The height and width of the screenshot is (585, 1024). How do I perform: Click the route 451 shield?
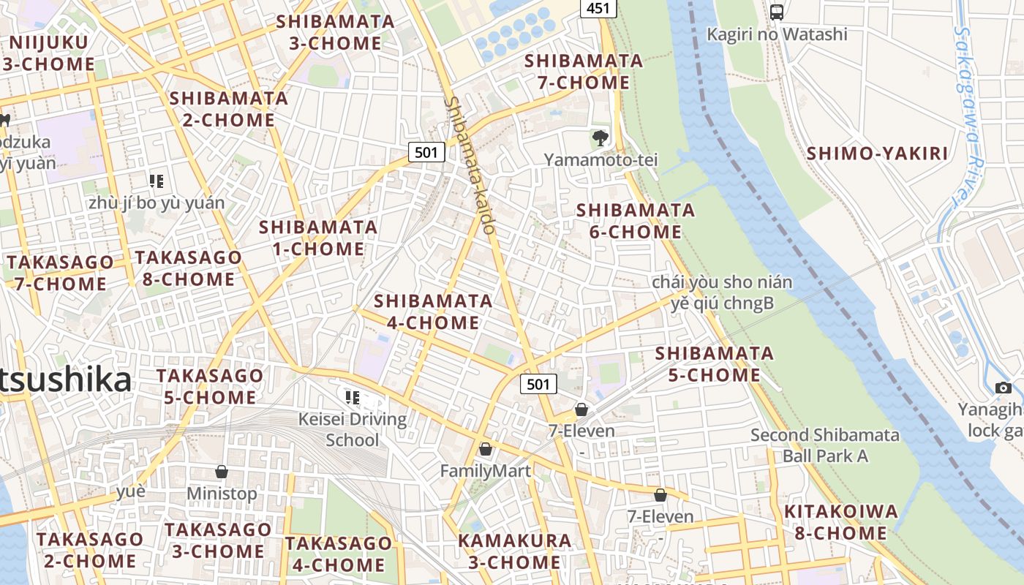click(598, 9)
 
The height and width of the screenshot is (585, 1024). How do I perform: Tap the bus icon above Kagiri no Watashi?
click(777, 12)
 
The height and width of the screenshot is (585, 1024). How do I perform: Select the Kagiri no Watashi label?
click(777, 34)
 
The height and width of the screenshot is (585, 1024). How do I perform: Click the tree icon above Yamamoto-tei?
click(600, 137)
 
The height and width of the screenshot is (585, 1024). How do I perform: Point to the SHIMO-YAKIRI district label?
click(877, 154)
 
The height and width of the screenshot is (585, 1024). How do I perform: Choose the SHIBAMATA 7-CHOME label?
click(584, 72)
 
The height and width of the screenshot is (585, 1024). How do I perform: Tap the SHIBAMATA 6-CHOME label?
click(636, 221)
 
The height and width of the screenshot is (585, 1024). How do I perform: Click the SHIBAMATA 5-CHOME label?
click(714, 364)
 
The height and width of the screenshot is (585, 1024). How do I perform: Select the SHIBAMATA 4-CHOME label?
click(433, 312)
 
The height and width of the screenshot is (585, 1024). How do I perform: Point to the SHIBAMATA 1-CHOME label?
click(318, 238)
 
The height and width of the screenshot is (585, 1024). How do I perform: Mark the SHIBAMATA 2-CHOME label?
click(229, 108)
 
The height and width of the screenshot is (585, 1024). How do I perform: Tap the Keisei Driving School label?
click(353, 429)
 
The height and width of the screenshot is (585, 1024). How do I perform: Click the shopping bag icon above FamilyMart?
click(485, 449)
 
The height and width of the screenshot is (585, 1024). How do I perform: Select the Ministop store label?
click(222, 494)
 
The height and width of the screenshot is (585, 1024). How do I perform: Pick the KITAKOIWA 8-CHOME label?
click(840, 522)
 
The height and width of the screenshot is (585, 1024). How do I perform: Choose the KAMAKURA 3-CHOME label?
click(514, 551)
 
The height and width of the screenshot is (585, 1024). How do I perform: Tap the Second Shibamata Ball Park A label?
click(825, 445)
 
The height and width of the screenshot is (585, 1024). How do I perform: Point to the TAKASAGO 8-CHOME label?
click(188, 268)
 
